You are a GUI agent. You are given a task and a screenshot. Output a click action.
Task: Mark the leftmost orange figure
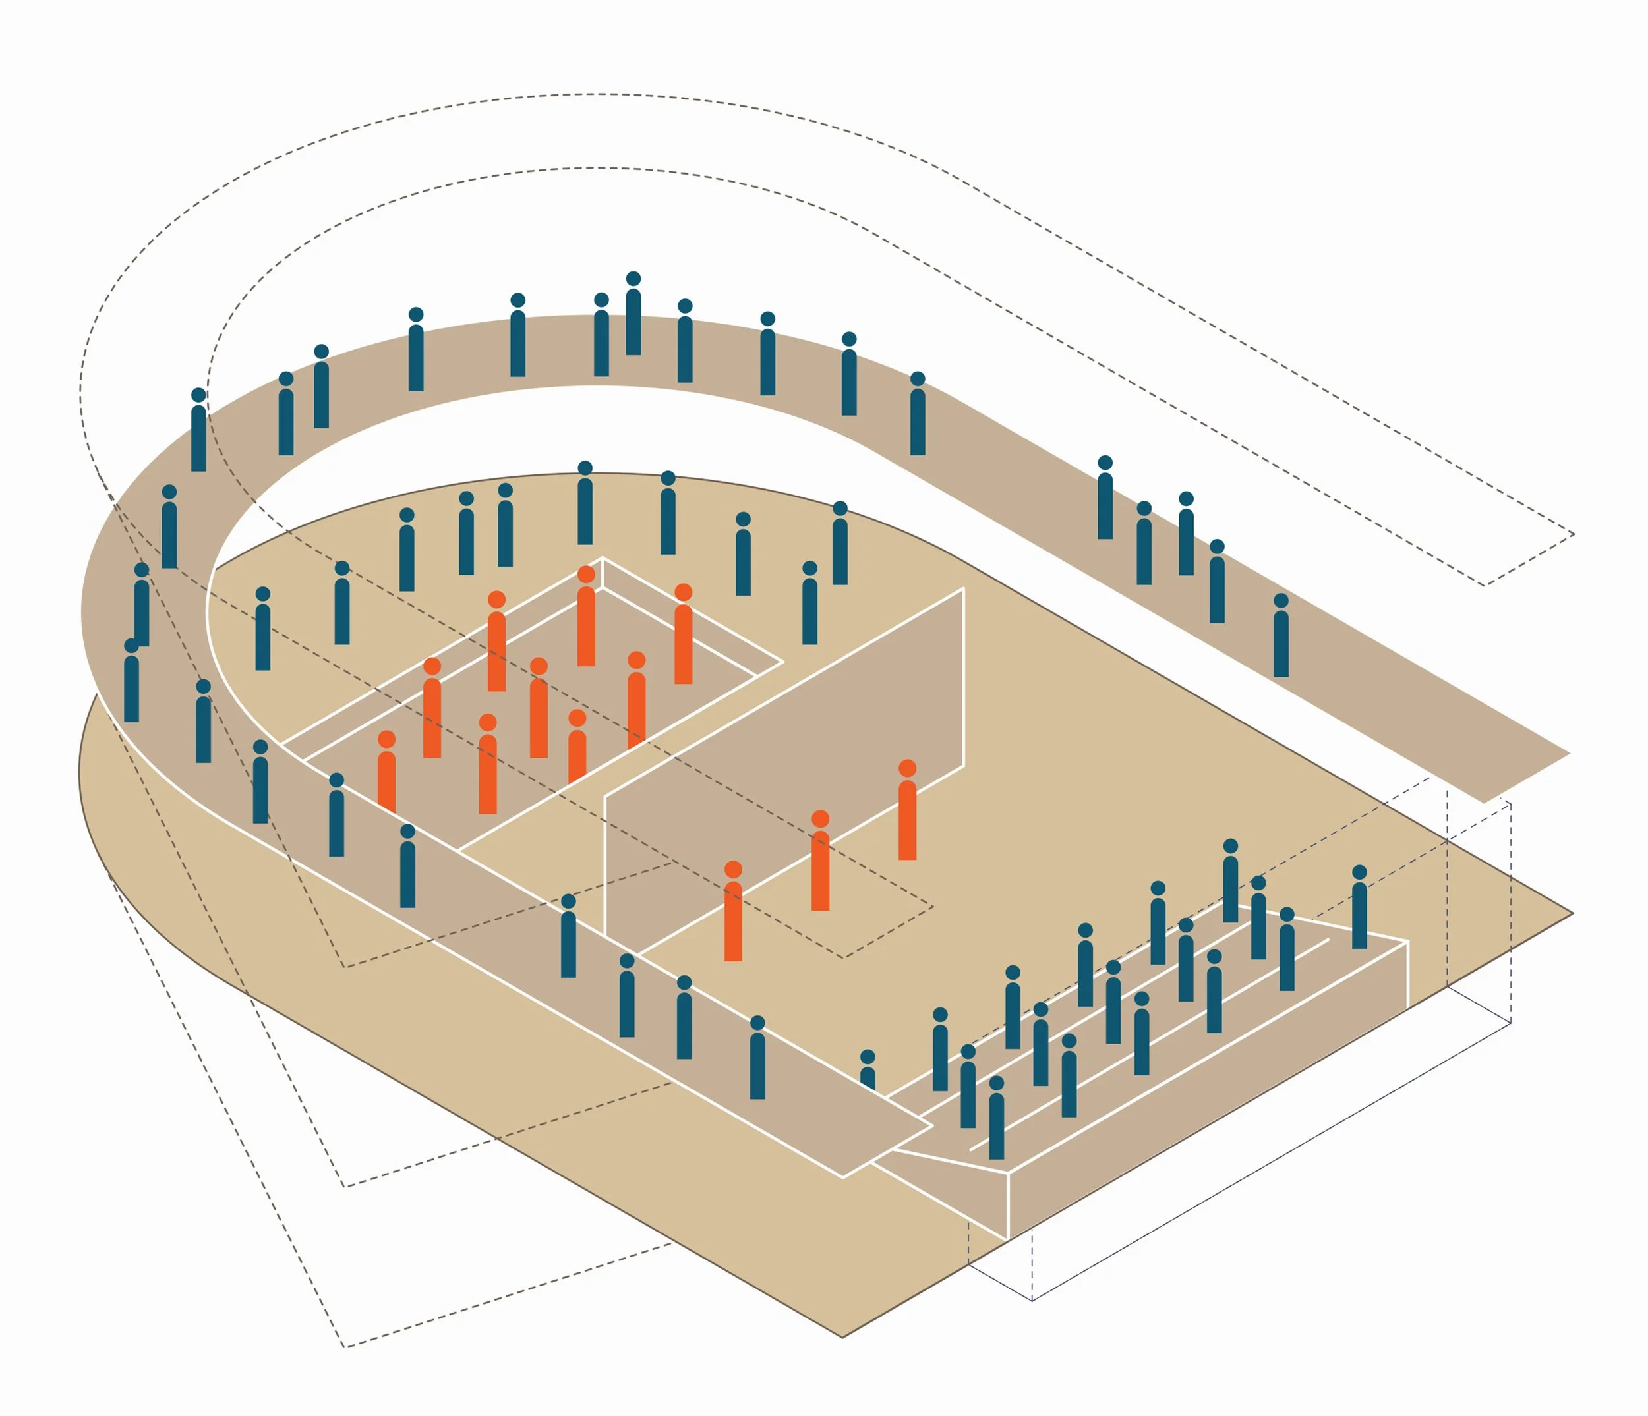point(386,774)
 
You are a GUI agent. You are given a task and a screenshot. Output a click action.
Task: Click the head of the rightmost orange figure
point(906,768)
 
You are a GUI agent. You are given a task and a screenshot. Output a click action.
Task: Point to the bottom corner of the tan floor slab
point(842,1338)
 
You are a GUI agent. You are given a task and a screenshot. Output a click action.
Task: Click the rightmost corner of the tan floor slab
point(1572,913)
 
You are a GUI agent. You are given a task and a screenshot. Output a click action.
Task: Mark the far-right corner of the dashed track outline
point(1574,534)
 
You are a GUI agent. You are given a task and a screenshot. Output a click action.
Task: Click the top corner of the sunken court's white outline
point(602,557)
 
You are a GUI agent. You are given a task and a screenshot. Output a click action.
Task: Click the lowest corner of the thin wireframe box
point(1032,1301)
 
